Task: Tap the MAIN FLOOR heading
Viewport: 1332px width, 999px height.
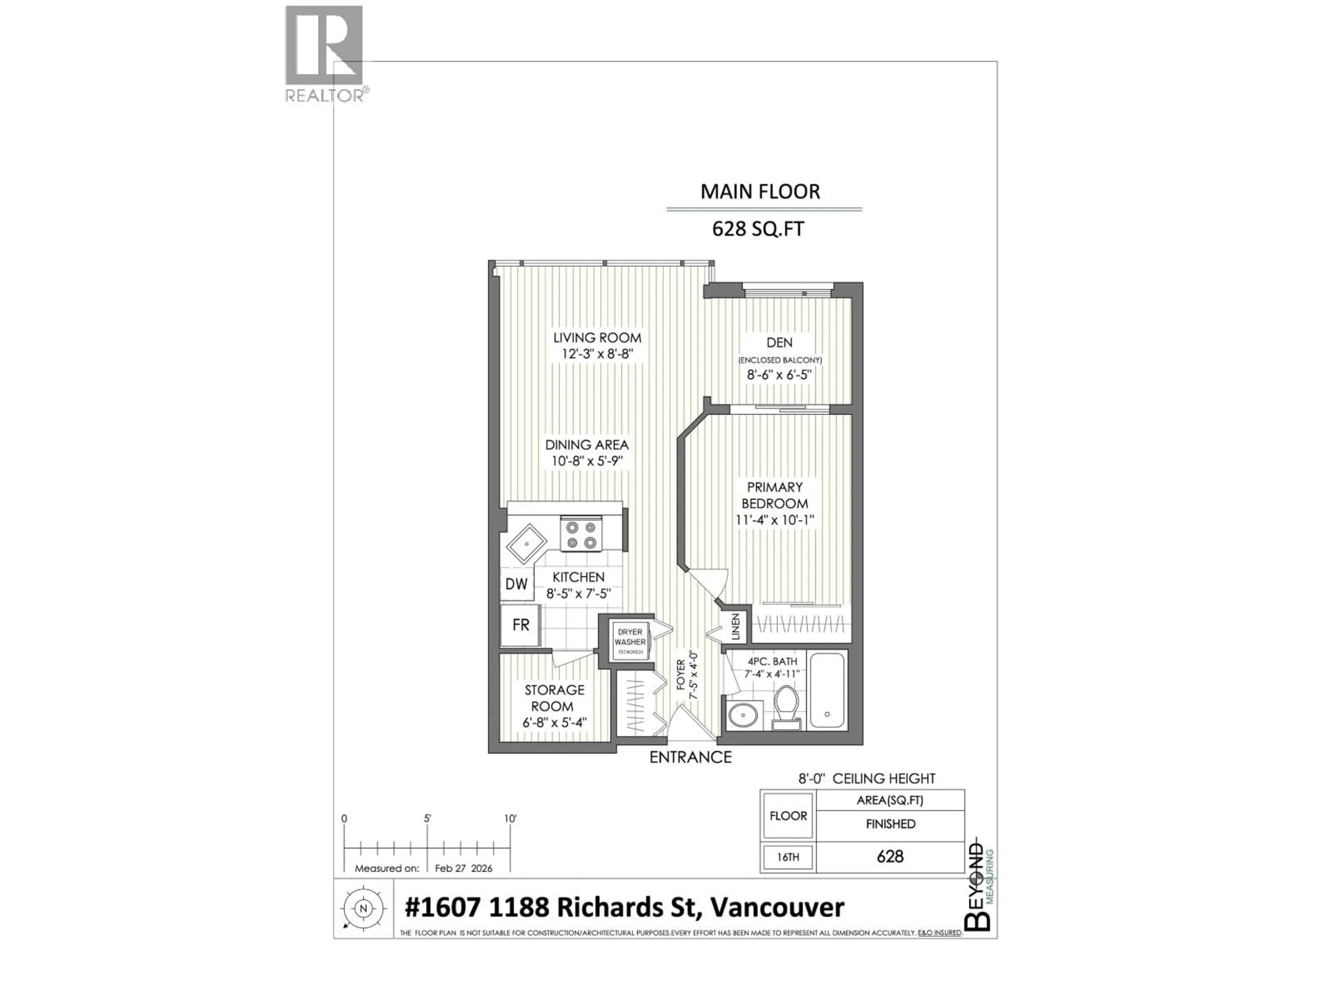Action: pos(760,191)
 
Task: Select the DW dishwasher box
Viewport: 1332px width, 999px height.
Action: pos(516,583)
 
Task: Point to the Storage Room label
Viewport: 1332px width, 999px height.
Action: pos(554,698)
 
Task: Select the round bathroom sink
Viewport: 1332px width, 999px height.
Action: pos(745,715)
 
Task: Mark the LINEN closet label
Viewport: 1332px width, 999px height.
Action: pos(735,626)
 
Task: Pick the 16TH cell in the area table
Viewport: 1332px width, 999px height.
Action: pos(788,856)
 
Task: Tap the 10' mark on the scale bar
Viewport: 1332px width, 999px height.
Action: pos(510,819)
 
